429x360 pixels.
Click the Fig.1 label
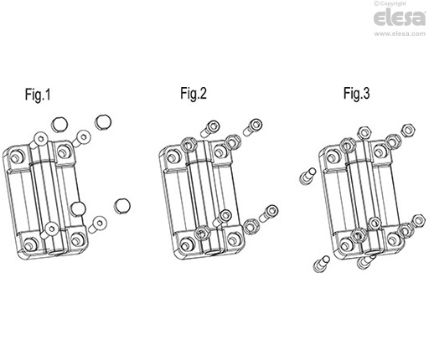point(38,94)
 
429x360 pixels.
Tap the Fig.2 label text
point(194,93)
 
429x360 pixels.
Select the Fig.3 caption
point(357,93)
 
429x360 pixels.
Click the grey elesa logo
point(400,18)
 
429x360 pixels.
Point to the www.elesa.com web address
point(400,33)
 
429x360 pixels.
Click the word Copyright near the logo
point(392,3)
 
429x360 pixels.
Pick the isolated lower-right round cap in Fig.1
point(122,206)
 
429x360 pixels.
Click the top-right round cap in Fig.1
point(103,121)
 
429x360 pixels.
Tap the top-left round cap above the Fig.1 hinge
point(59,124)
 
